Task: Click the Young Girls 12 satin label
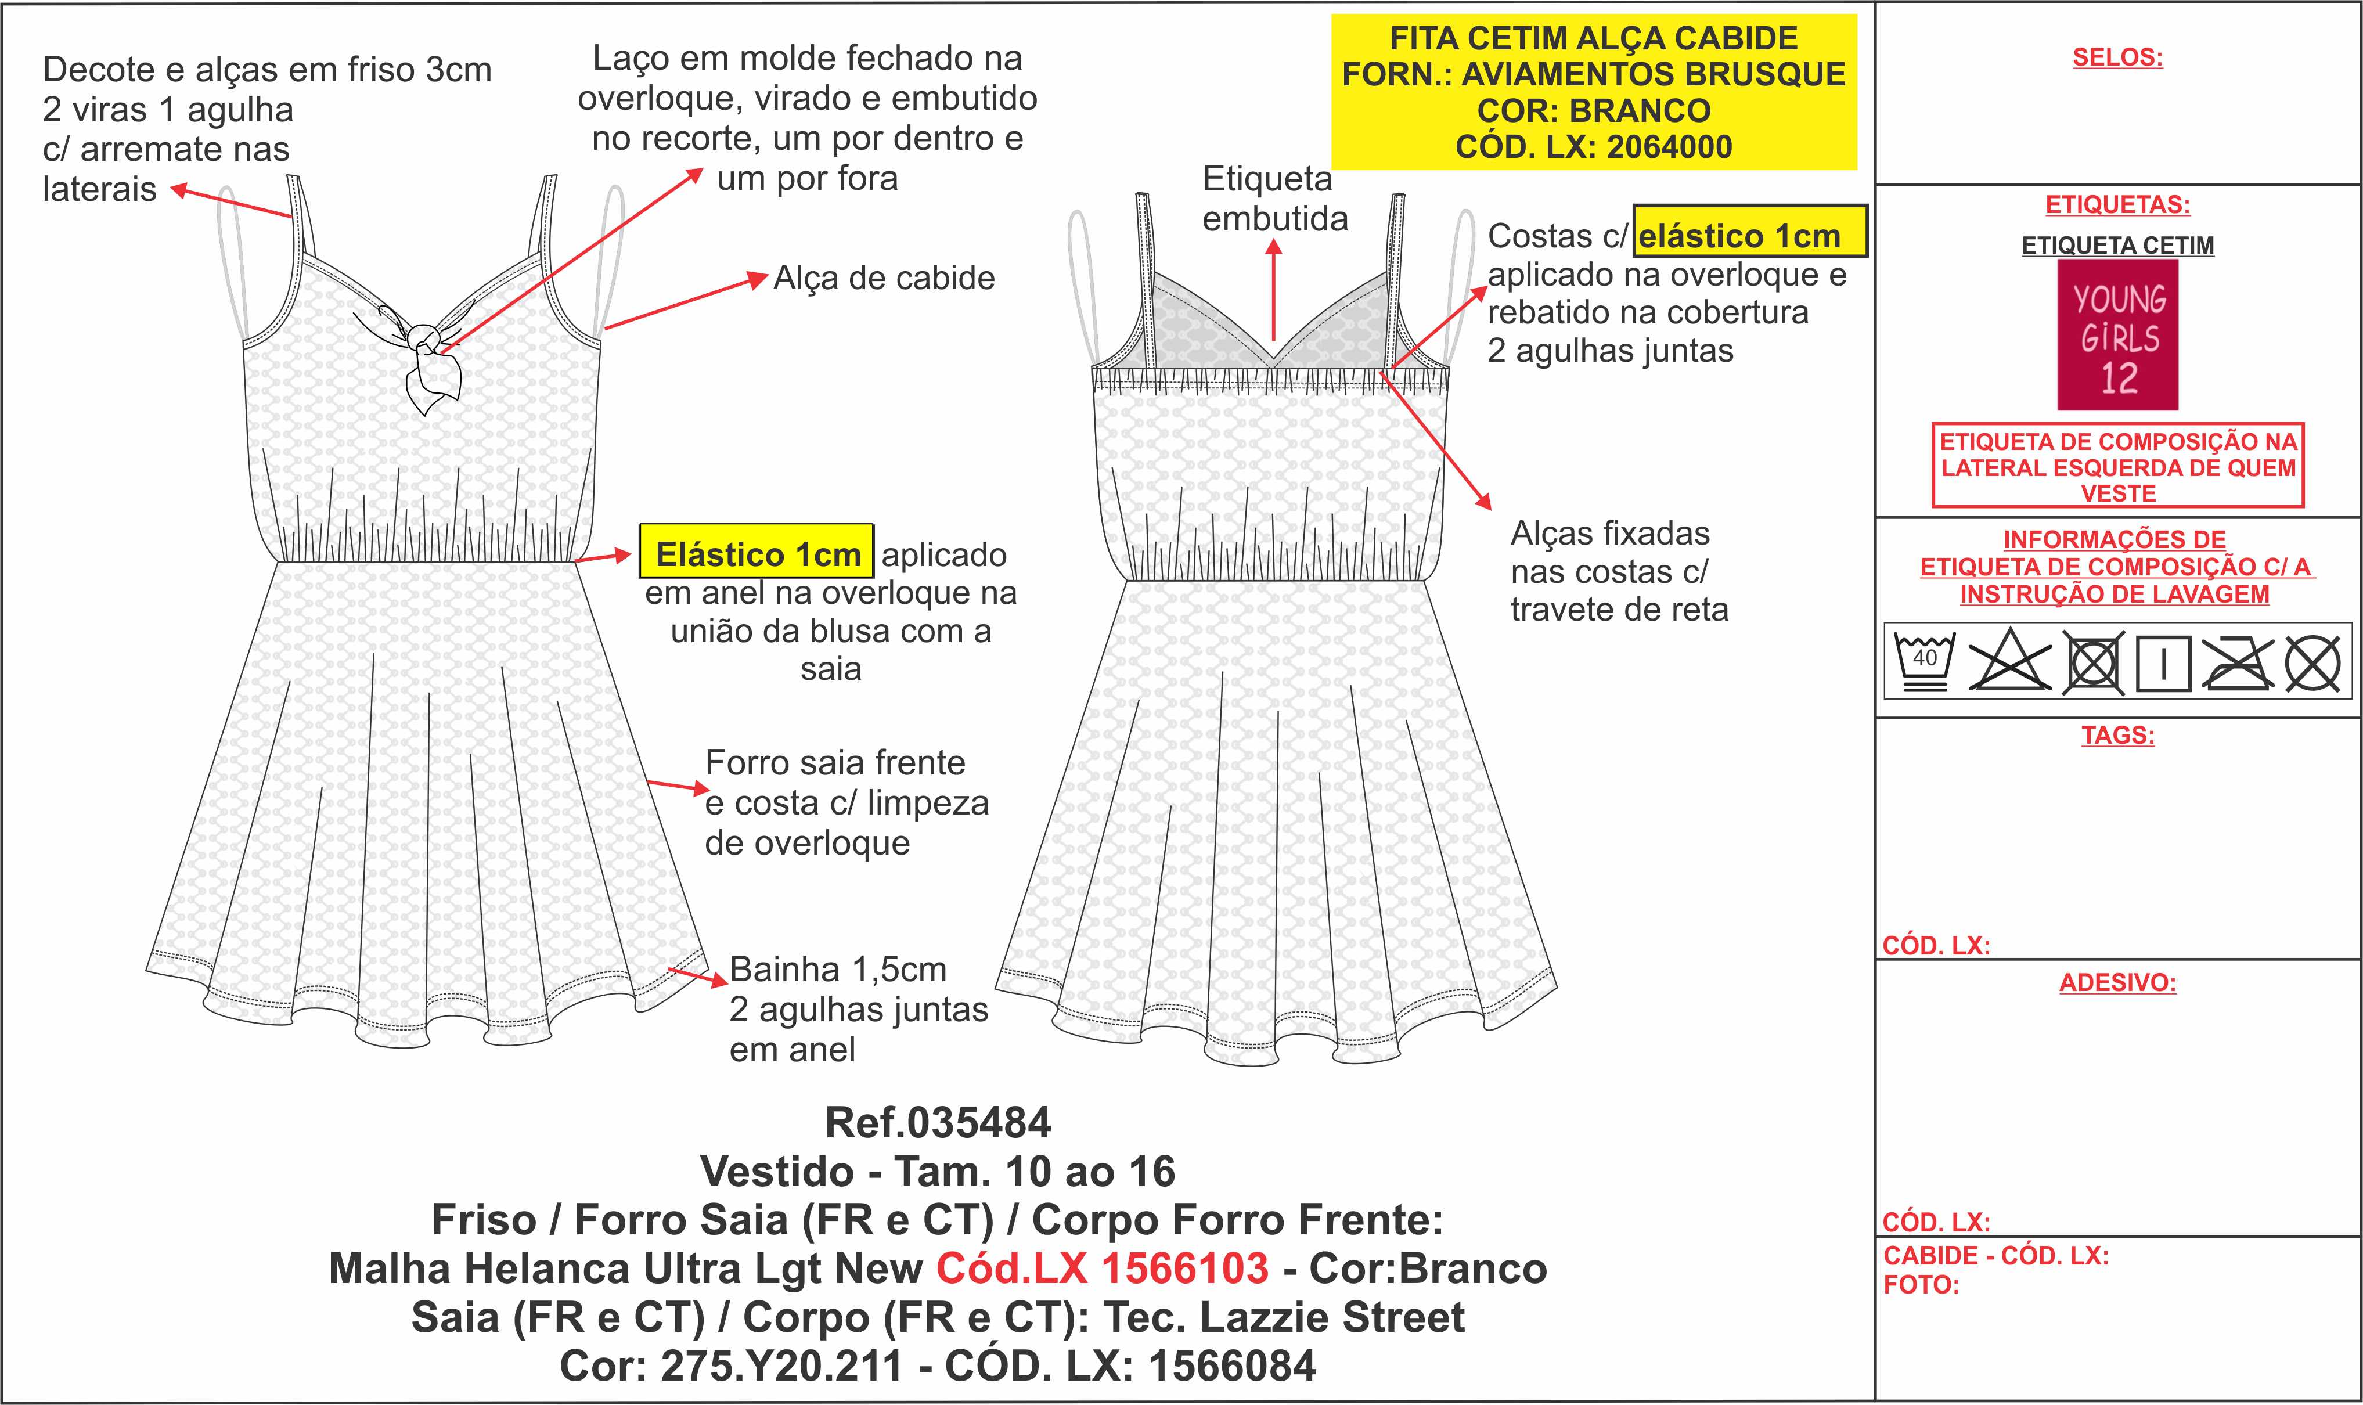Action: point(2118,334)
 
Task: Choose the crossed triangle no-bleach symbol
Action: point(2009,660)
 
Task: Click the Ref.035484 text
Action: point(937,1123)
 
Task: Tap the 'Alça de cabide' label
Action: point(884,278)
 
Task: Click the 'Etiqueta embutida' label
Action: point(1274,199)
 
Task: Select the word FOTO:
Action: point(1921,1285)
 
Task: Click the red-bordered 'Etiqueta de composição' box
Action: point(2118,466)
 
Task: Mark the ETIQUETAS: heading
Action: point(2118,204)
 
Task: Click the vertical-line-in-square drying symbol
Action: point(2163,663)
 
